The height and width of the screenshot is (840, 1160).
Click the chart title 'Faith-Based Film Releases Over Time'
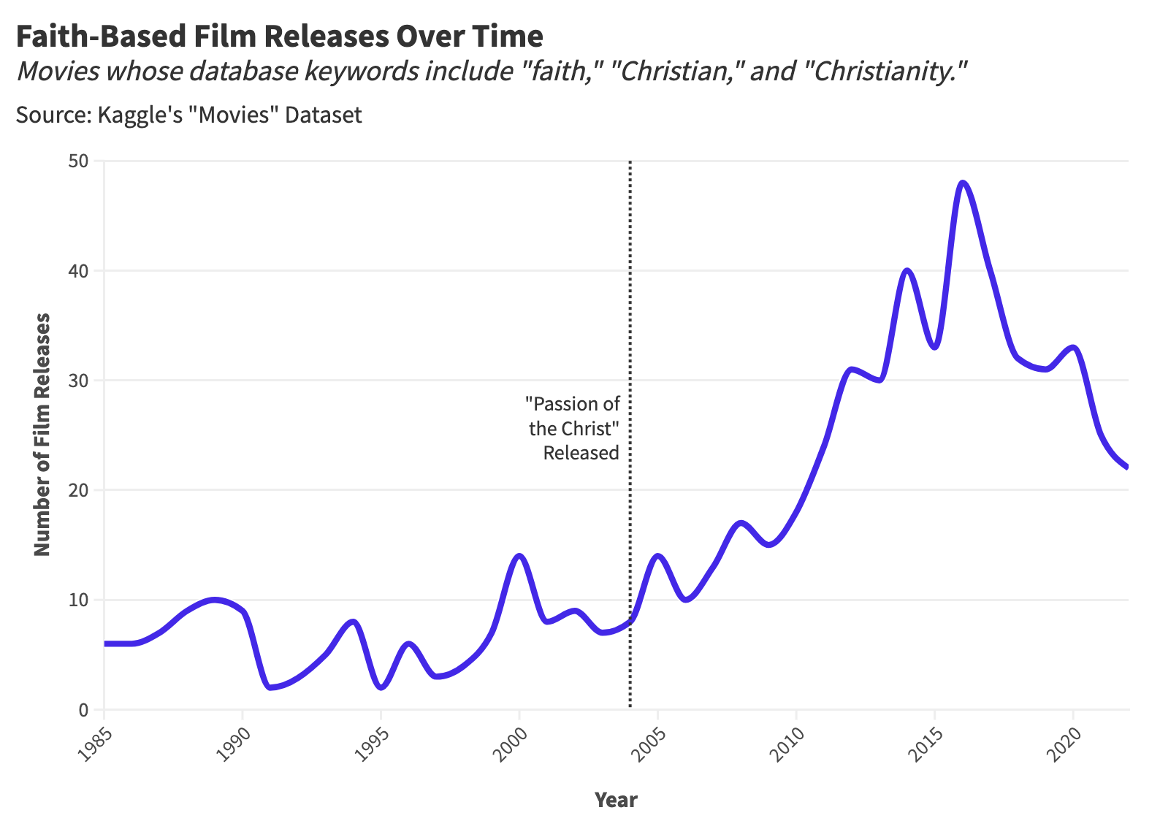pos(279,37)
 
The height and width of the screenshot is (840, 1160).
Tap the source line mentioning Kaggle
pos(188,115)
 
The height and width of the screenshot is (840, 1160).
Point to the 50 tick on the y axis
pos(78,161)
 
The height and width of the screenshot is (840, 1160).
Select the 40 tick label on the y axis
pos(78,271)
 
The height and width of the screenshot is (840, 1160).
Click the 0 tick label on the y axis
pos(83,709)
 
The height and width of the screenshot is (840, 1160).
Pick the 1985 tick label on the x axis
pos(91,743)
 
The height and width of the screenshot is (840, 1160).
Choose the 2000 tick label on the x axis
pos(506,743)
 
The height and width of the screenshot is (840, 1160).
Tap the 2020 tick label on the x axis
pos(1060,743)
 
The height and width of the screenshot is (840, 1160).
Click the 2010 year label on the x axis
pos(783,743)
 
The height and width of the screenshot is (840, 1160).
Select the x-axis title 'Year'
pos(616,800)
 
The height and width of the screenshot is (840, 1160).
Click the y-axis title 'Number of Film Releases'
pos(42,435)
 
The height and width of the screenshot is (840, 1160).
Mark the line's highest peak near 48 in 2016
pos(963,183)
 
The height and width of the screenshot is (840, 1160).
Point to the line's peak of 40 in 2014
pos(907,270)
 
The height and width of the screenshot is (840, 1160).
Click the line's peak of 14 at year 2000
pos(519,556)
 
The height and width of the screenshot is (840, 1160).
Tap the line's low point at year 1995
pos(381,687)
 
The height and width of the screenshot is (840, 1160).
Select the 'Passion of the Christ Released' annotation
pos(574,428)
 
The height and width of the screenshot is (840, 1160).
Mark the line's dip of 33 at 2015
pos(935,347)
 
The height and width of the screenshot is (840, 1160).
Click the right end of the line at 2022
pos(1127,467)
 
